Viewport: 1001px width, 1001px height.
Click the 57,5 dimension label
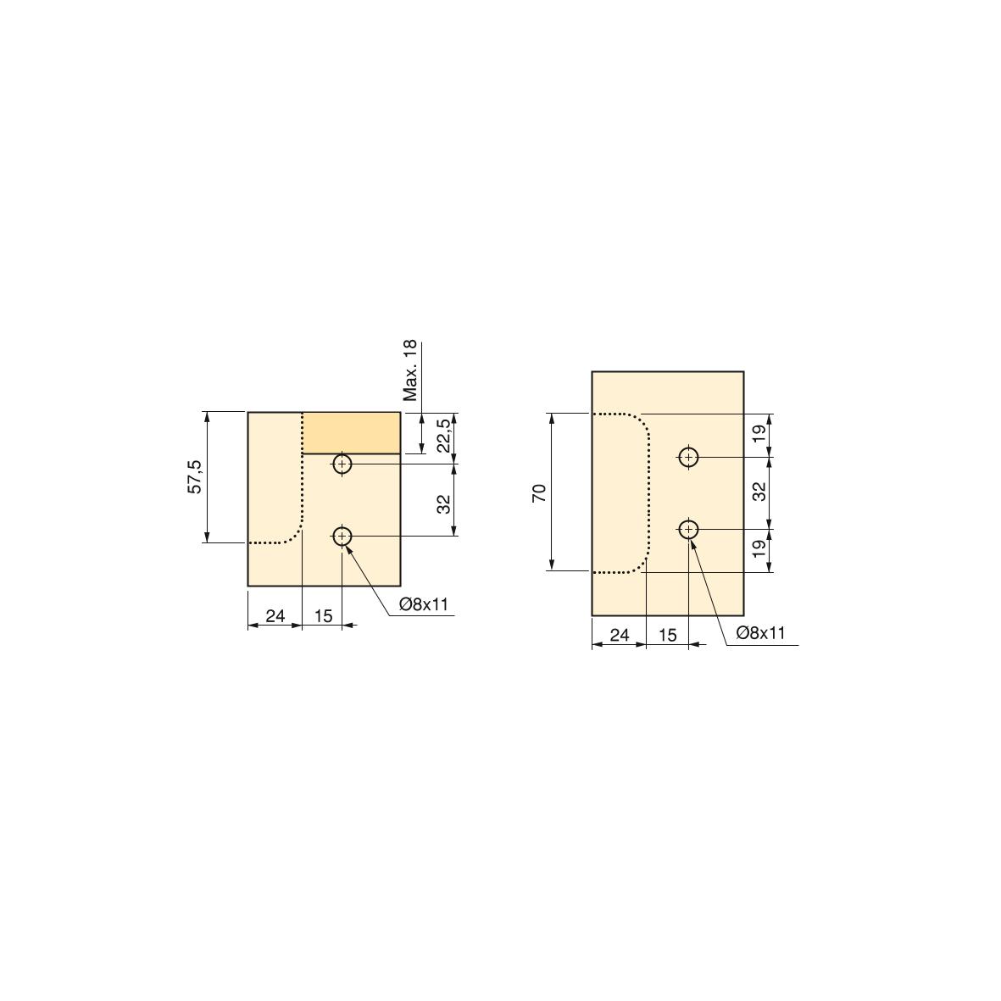point(195,477)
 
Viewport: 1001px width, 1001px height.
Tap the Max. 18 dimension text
point(410,370)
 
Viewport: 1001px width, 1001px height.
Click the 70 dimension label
point(539,492)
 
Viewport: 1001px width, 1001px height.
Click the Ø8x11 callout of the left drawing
point(424,604)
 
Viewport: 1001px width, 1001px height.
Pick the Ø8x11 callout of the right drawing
point(760,632)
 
